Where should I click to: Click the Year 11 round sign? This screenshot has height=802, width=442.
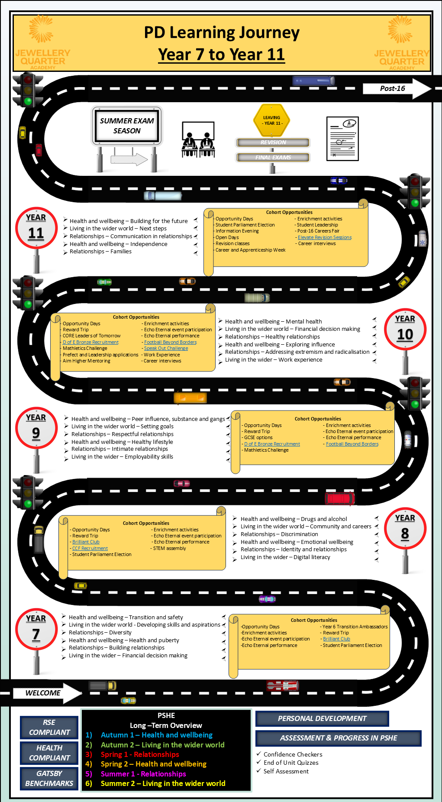coord(36,228)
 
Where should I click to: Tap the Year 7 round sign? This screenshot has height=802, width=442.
coord(36,629)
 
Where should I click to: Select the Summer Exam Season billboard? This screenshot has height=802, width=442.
coord(127,126)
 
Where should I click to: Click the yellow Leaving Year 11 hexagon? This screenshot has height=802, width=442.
coord(271,120)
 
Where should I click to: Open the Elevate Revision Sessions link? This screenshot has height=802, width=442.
coord(325,237)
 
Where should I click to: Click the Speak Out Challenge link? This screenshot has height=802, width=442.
coord(166,348)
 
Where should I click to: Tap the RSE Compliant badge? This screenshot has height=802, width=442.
coord(49,727)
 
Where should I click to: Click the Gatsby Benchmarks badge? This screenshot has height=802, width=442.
coord(49,778)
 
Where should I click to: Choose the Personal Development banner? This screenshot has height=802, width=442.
coord(322,718)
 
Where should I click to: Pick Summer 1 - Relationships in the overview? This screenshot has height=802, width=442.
coord(143,774)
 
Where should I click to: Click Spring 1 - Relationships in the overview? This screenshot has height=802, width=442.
coord(140,754)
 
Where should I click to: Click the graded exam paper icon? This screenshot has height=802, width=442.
coord(342,139)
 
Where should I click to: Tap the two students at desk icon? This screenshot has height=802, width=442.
coord(198,139)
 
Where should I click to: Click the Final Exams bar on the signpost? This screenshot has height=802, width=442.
coord(273,157)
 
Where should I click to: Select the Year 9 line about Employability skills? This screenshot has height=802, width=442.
coord(122,456)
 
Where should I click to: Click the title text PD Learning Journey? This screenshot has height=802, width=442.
coord(222,33)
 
